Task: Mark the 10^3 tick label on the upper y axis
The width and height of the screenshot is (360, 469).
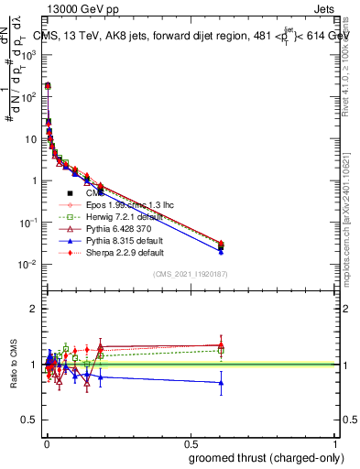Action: [28, 55]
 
